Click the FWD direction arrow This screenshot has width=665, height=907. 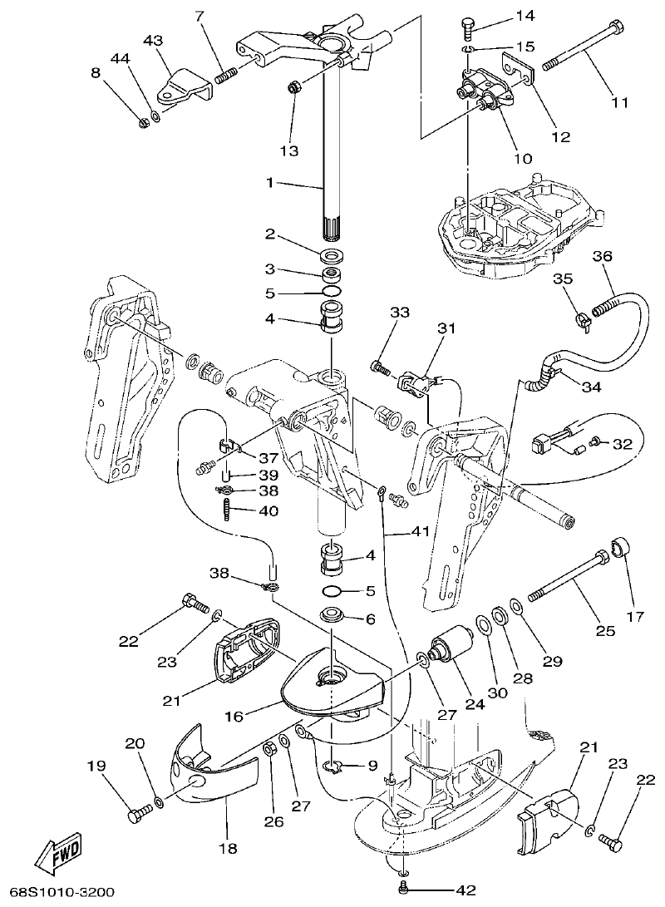click(x=60, y=854)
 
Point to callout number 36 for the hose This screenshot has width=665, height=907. click(x=603, y=257)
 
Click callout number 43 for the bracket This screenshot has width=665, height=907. click(x=153, y=40)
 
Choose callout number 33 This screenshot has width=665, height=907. click(x=400, y=313)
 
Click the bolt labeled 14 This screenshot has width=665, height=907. click(x=466, y=28)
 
